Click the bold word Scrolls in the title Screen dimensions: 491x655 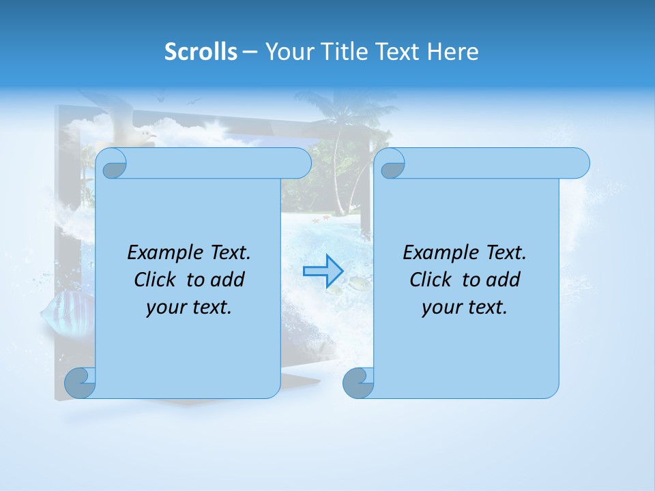click(x=201, y=52)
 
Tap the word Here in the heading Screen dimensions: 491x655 click(x=453, y=52)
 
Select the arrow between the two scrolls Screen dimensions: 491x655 click(x=323, y=271)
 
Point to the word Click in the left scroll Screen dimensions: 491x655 click(x=158, y=280)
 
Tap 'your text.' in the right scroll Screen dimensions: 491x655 click(x=465, y=308)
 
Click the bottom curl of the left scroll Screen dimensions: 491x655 click(x=80, y=383)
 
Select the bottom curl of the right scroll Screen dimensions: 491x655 click(x=358, y=383)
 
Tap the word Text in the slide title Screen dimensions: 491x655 click(x=398, y=52)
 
